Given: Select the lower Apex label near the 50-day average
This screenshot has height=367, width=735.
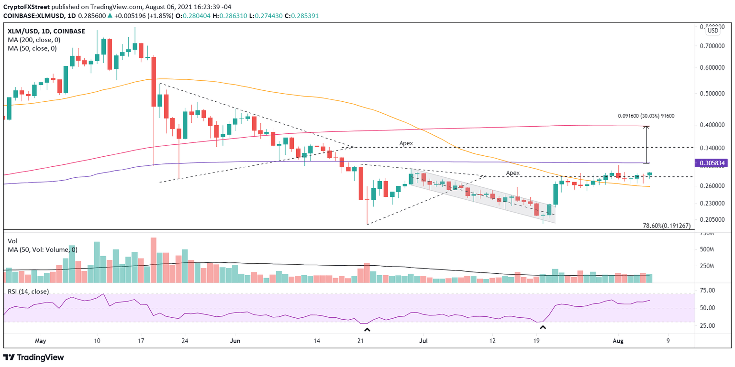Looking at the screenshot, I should [x=512, y=173].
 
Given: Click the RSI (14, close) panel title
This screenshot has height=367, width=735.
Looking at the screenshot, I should [x=28, y=291].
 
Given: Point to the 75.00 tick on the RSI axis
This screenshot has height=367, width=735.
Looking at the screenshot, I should [x=708, y=291].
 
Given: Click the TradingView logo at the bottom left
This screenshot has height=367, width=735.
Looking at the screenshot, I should [x=33, y=357].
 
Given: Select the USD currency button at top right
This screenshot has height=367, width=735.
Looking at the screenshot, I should [x=713, y=31].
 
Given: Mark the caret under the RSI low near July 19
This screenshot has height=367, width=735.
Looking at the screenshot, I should [x=543, y=328].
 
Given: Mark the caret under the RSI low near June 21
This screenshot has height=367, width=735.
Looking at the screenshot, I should [x=367, y=329].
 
